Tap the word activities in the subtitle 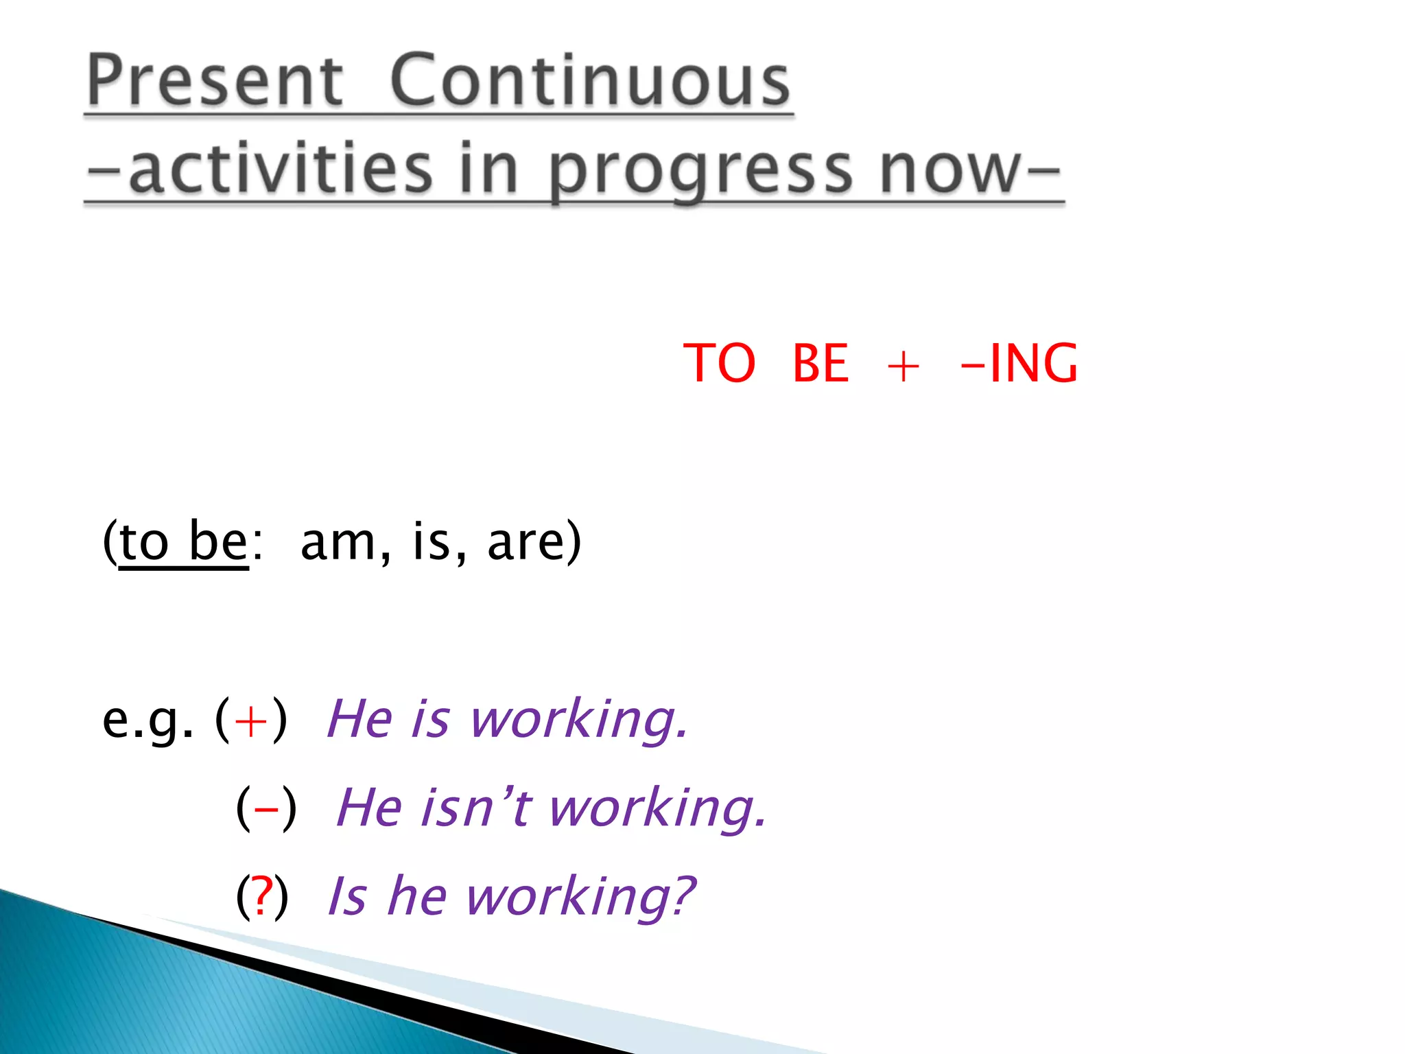[281, 168]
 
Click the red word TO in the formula [719, 363]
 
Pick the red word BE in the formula [820, 363]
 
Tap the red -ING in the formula [1020, 363]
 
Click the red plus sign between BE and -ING [903, 366]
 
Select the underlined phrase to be [183, 542]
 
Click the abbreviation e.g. [147, 721]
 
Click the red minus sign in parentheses [266, 810]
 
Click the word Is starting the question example [347, 897]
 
